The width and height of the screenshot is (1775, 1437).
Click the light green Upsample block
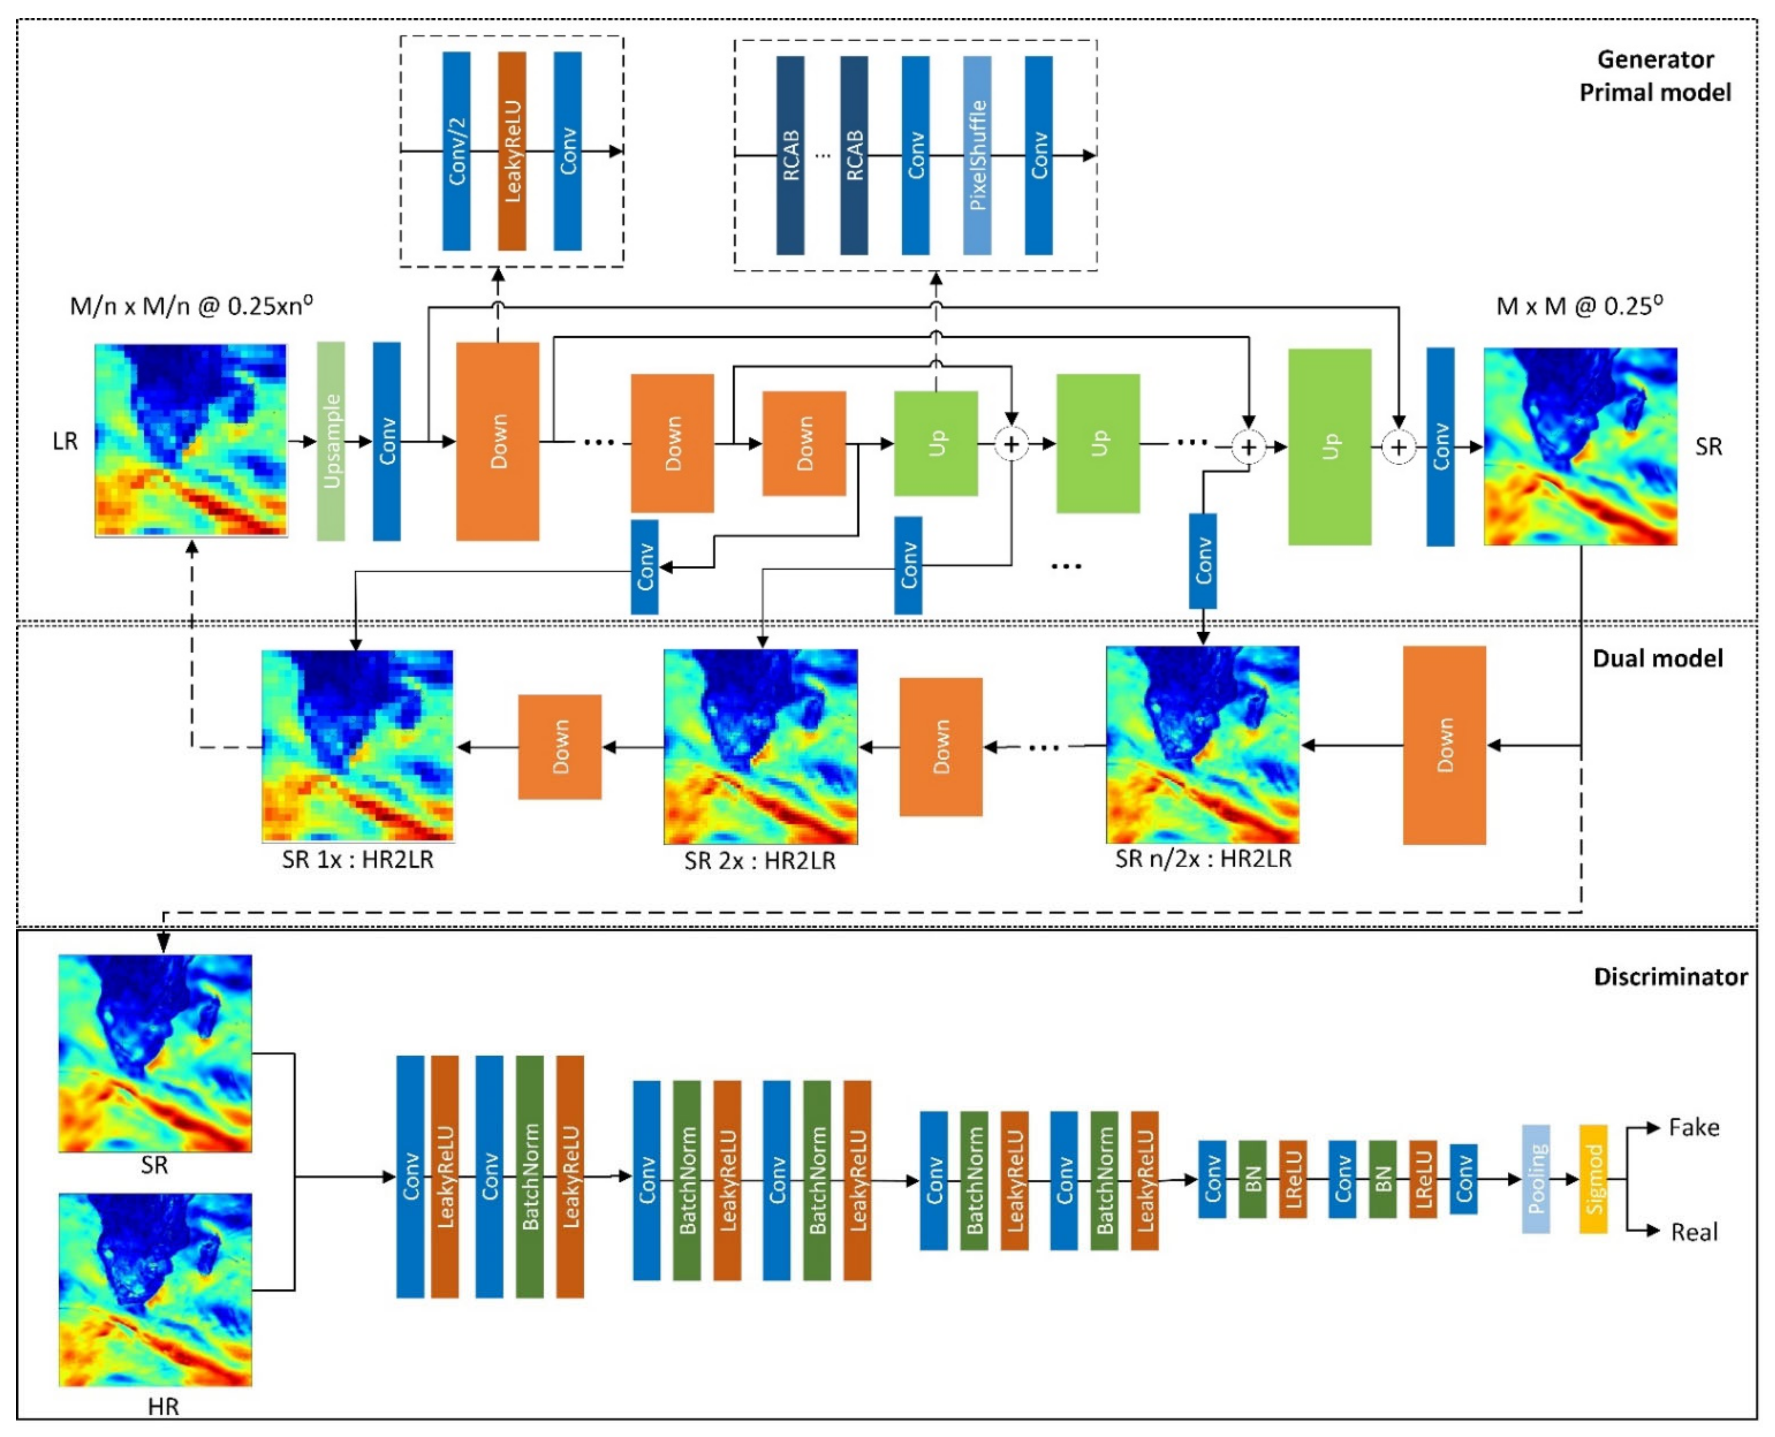(330, 441)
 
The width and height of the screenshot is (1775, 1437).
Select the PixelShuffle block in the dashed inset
(977, 155)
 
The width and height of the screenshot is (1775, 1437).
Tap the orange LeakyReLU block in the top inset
(512, 150)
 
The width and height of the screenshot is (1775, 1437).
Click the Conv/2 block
(456, 150)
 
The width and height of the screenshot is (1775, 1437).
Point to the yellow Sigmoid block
(1593, 1179)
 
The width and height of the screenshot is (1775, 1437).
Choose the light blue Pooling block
(1536, 1179)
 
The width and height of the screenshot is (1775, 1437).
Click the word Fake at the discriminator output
(1693, 1128)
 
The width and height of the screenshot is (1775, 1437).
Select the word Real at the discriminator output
(1694, 1232)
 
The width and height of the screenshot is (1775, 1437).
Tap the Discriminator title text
(1670, 977)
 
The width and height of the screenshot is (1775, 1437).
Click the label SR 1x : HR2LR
(358, 859)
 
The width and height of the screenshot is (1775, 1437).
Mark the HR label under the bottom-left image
(163, 1406)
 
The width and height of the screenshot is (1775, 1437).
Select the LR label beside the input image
(66, 441)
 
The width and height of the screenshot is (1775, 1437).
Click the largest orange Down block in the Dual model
(1444, 745)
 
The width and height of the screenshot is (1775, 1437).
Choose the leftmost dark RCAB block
(790, 155)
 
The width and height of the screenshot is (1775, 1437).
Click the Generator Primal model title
(1654, 75)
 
